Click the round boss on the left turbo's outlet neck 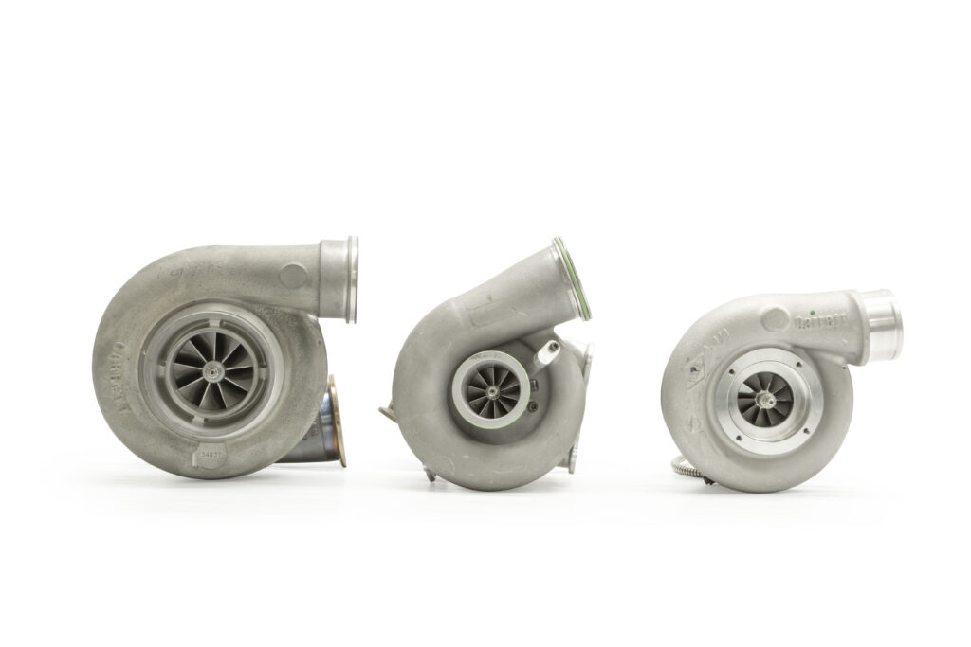tap(294, 277)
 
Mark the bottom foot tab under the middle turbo tap(429, 473)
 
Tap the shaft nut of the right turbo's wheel tap(764, 401)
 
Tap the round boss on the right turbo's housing tap(775, 320)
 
